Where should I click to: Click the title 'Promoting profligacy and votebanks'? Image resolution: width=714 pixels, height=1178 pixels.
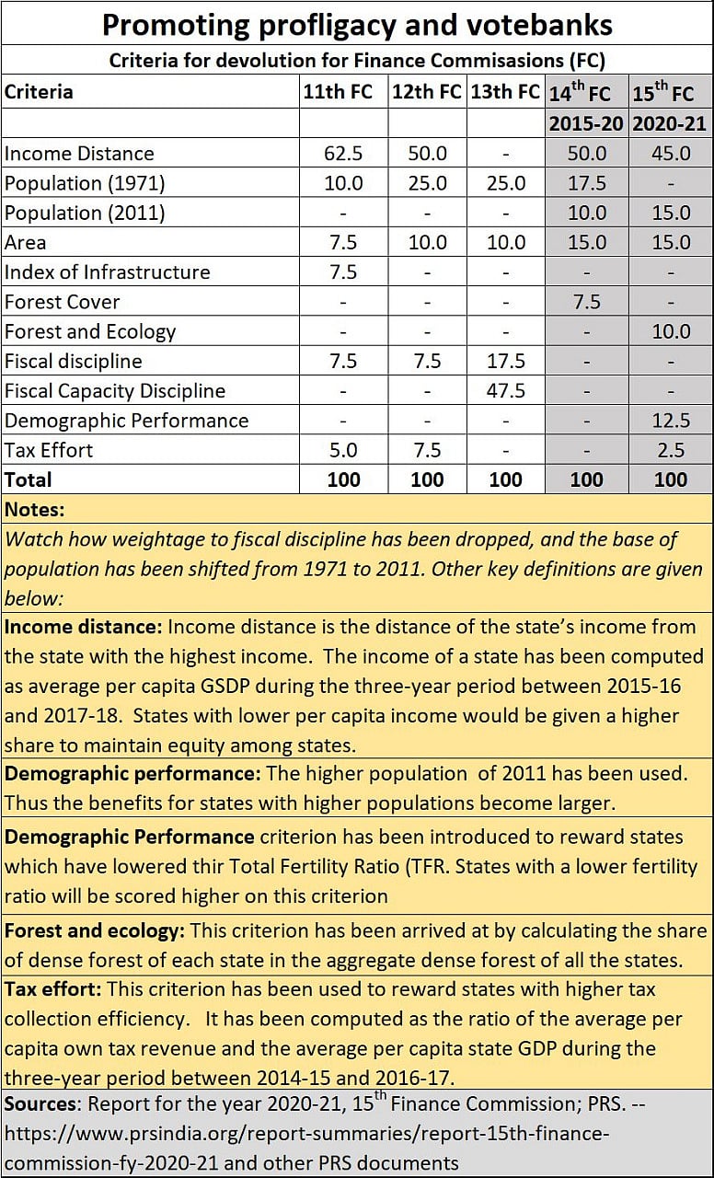[x=357, y=24]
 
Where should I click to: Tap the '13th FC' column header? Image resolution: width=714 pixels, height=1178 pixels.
[x=504, y=92]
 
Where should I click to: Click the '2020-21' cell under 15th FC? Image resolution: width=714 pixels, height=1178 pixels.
[x=670, y=123]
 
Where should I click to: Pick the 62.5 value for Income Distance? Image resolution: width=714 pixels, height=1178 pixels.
[x=343, y=154]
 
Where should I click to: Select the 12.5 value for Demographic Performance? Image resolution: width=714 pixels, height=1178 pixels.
[x=671, y=421]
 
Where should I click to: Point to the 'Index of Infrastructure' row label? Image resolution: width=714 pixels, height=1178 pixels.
[x=107, y=272]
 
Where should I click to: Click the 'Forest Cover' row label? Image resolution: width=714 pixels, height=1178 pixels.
[x=63, y=302]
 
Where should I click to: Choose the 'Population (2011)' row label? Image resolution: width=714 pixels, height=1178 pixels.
[x=85, y=214]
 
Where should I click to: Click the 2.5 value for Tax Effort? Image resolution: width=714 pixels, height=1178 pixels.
[x=671, y=450]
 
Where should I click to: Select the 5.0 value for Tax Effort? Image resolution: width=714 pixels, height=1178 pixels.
[x=343, y=450]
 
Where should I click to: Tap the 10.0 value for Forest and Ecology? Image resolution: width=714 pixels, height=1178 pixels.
[x=671, y=332]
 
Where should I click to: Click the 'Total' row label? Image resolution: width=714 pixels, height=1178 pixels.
[x=29, y=479]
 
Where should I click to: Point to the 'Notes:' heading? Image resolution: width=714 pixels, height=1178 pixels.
[x=35, y=509]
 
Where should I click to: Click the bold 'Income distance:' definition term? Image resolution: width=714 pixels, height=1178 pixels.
[x=83, y=628]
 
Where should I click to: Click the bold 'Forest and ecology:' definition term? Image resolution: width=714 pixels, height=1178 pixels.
[x=95, y=930]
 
